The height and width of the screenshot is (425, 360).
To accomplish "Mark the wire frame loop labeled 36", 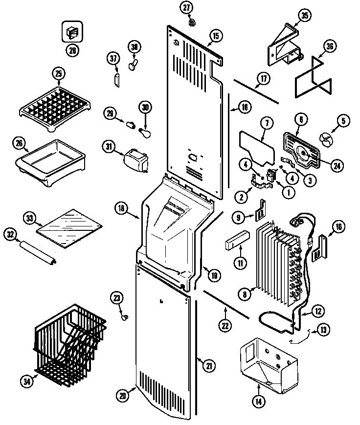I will coord(313,78).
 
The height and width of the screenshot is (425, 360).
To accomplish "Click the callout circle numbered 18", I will coord(122,208).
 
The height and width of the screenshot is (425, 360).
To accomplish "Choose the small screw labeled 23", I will coord(124,317).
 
